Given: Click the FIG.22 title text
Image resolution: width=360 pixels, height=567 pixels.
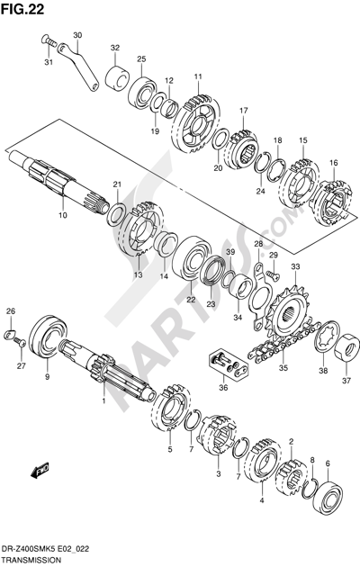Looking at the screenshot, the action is tap(22, 9).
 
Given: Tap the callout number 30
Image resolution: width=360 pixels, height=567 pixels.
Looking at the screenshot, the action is tap(77, 35).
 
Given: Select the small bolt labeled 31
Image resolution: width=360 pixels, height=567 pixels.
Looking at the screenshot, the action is tap(49, 40).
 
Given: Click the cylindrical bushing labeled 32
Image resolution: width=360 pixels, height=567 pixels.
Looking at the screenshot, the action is tap(116, 78).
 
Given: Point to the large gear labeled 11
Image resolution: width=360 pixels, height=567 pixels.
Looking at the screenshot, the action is tap(197, 125).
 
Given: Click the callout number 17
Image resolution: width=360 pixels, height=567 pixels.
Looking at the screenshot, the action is tap(244, 111).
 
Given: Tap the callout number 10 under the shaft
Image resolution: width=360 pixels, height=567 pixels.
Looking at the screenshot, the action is tap(62, 215).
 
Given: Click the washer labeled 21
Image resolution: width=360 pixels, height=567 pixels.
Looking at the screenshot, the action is tap(117, 214).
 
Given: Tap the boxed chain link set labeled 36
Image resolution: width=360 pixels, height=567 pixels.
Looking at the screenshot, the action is tap(229, 364).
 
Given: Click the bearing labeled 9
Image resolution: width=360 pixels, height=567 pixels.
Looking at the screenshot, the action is tap(48, 337).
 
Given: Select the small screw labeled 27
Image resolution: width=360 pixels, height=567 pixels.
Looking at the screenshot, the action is tap(20, 341).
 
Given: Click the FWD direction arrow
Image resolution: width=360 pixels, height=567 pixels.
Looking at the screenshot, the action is tap(40, 471).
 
